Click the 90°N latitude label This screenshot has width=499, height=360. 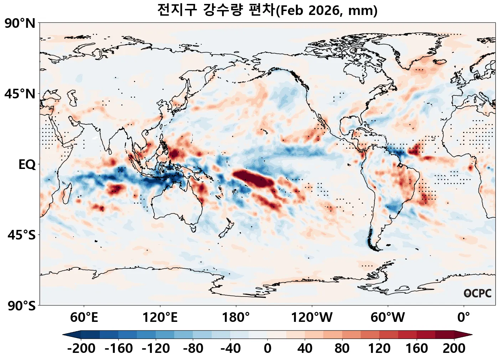[20, 24]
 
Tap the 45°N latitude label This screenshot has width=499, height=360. [20, 94]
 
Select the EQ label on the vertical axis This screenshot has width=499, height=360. [27, 165]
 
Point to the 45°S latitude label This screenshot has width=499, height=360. [21, 235]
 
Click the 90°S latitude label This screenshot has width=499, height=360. [21, 306]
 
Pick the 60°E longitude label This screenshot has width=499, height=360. [84, 317]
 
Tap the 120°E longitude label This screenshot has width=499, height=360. [160, 317]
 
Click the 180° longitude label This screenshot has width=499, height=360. [236, 317]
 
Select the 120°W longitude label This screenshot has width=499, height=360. [312, 317]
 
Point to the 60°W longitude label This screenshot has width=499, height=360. [388, 317]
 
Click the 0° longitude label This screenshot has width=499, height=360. [464, 317]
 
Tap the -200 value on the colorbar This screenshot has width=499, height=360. [81, 348]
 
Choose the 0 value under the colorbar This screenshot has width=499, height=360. [268, 348]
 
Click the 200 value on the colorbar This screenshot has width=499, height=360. [454, 348]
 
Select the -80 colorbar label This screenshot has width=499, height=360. [193, 348]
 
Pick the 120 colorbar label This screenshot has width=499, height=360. [379, 348]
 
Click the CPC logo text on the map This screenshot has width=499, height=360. [478, 293]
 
